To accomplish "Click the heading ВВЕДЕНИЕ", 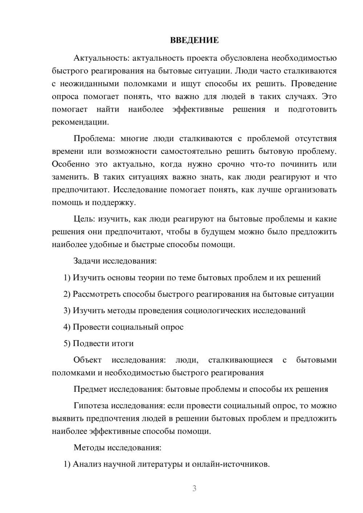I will tap(194, 40).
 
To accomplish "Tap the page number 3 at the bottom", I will tap(194, 488).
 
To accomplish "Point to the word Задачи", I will tap(87, 261).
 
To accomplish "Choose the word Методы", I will tap(89, 447).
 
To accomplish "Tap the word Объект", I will tap(87, 360).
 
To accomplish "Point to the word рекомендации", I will tap(80, 122).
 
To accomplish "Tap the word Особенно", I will tap(71, 164).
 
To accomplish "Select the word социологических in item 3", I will tap(217, 311).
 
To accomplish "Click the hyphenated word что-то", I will tap(262, 164).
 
